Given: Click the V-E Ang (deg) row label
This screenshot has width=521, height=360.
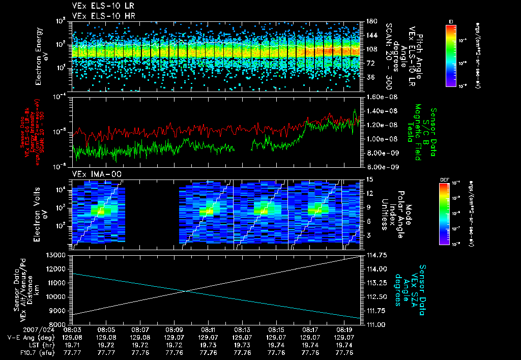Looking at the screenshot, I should pos(30,338).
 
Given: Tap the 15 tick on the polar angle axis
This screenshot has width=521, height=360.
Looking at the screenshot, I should pos(367,179).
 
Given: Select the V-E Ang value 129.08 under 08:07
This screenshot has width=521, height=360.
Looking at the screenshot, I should pos(140,338).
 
